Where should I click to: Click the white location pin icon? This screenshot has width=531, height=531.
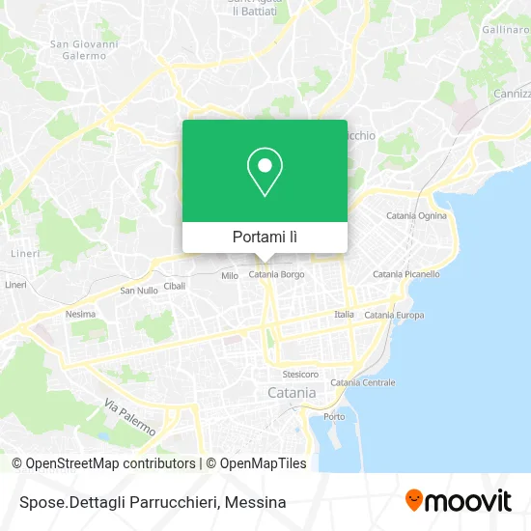pos(265,172)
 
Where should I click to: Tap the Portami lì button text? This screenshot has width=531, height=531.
pos(265,237)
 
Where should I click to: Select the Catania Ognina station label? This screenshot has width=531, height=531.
pos(416,215)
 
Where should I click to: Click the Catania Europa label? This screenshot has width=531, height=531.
pos(394,316)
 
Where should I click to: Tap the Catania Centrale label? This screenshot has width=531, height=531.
pos(363,382)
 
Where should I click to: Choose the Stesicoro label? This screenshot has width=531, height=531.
pos(300,374)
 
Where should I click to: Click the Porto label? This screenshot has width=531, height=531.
pos(334,416)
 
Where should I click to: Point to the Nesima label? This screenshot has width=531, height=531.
pos(80,314)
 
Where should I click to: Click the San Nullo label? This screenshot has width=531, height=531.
pos(137,291)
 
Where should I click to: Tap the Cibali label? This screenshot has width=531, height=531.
pos(175,287)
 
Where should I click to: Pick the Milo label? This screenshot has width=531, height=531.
pos(230,276)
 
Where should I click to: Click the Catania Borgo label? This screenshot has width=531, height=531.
pos(277,276)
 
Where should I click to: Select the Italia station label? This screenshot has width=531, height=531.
pos(344,315)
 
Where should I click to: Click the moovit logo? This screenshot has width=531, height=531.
pos(458,500)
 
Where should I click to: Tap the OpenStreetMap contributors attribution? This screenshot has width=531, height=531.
pos(109,463)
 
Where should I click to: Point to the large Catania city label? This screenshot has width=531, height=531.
pos(291,393)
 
